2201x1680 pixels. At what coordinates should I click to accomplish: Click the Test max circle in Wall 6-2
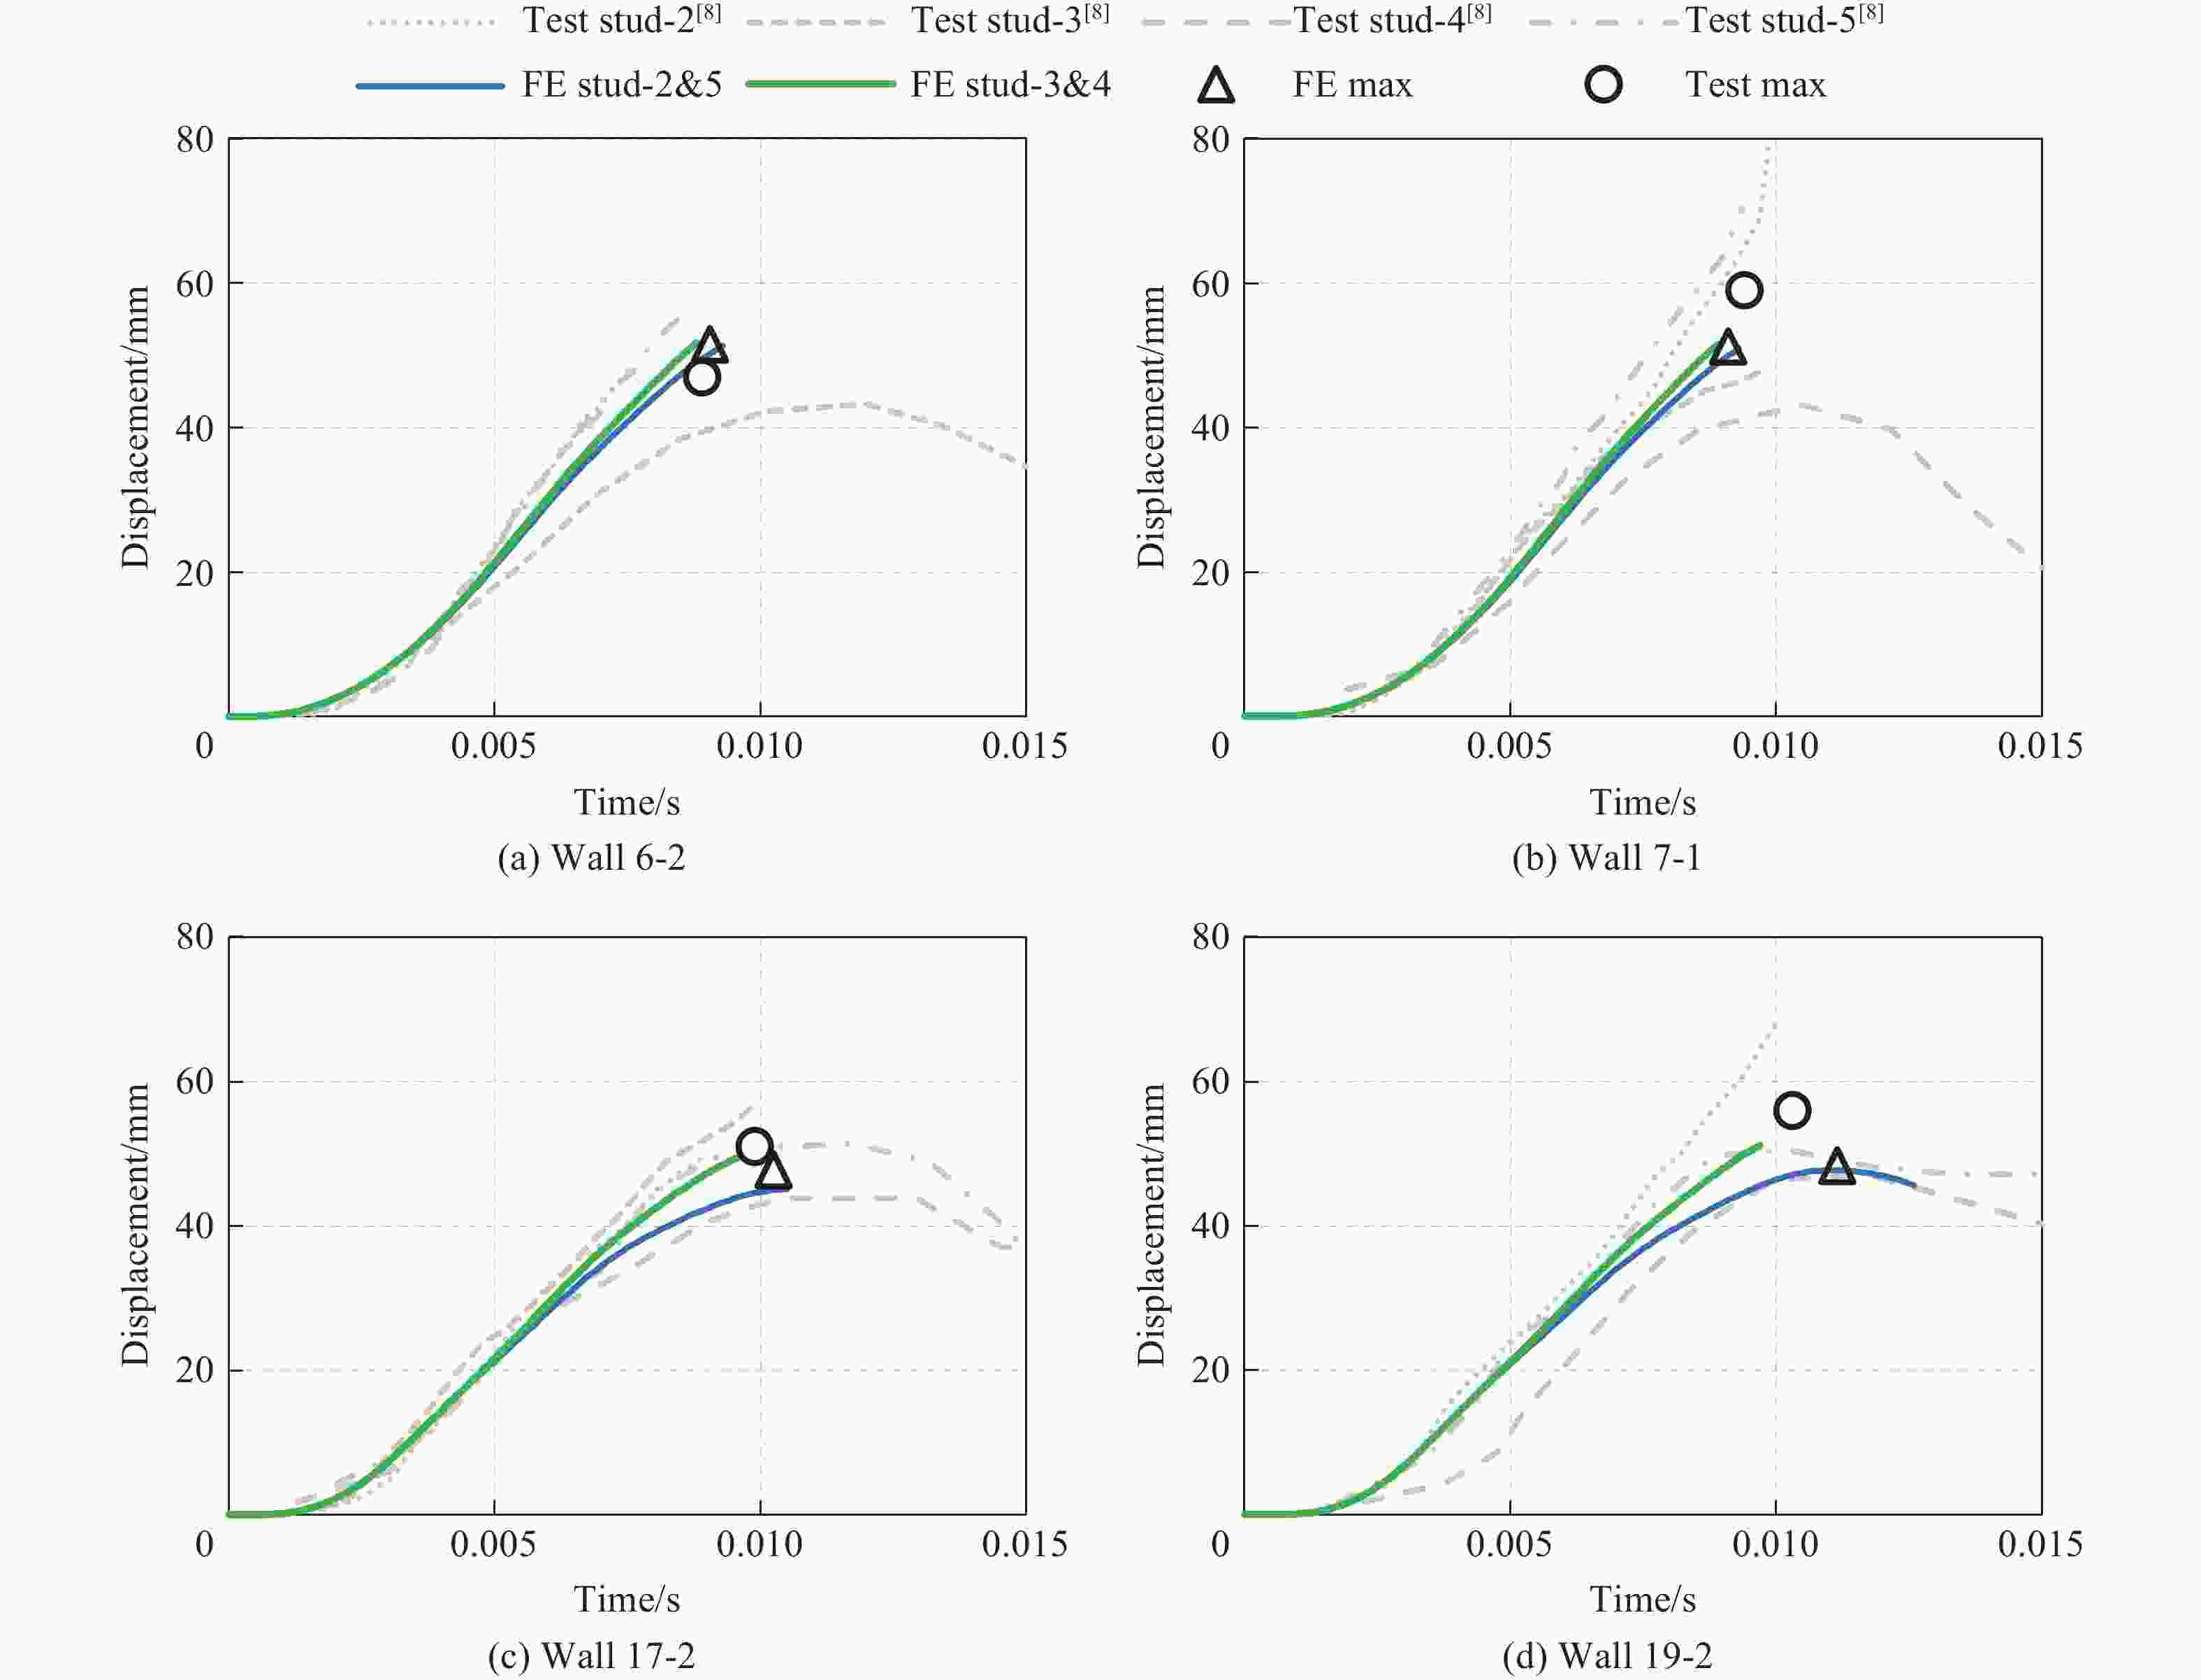702,378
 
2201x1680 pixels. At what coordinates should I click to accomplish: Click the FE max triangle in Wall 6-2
710,345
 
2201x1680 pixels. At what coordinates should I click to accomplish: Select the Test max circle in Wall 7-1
1744,290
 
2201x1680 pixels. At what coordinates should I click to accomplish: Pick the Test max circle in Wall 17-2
754,1145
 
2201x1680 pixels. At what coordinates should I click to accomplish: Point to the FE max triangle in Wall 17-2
773,1171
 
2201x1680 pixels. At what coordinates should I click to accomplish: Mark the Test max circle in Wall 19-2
1792,1110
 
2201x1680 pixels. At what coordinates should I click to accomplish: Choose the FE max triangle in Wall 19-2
1837,1167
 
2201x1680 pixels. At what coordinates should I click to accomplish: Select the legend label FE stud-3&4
1010,85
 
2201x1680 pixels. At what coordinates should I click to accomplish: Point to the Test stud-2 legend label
620,20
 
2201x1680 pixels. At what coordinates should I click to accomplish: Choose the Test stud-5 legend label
1783,20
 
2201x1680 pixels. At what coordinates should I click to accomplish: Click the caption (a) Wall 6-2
592,858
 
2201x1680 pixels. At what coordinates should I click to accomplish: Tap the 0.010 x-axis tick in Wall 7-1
1776,746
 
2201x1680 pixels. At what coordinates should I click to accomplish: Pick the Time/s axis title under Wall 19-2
1642,1599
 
